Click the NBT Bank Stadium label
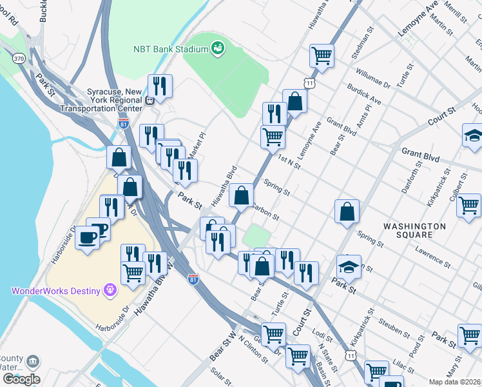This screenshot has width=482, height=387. tap(170, 49)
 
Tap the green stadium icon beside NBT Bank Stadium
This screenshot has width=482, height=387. tap(218, 48)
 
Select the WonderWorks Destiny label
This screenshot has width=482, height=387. tap(55, 290)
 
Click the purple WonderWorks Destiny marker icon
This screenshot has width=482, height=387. tap(111, 290)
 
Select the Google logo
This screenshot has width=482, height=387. tap(21, 379)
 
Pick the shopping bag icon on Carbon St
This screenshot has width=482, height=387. tap(241, 195)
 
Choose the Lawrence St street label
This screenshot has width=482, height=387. tap(432, 255)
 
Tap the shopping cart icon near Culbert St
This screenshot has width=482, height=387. tap(469, 205)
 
